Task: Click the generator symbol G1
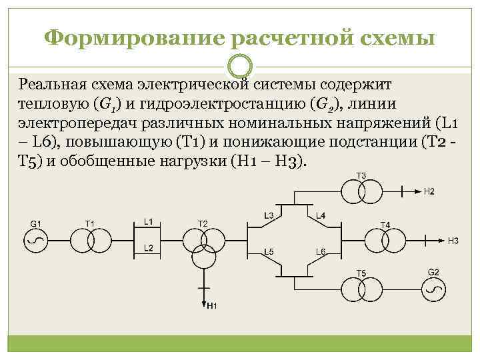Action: pyautogui.click(x=35, y=240)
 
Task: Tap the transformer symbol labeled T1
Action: pyautogui.click(x=90, y=240)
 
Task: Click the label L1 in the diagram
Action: pyautogui.click(x=149, y=221)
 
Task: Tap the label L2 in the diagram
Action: pyautogui.click(x=149, y=248)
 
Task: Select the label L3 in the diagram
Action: pyautogui.click(x=269, y=215)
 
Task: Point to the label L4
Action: pyautogui.click(x=321, y=215)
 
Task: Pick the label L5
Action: pyautogui.click(x=269, y=251)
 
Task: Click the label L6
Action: pyautogui.click(x=320, y=251)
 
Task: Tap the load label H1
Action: pyautogui.click(x=212, y=306)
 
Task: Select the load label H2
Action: pyautogui.click(x=429, y=192)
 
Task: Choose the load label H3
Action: pyautogui.click(x=453, y=240)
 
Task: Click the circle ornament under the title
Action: pyautogui.click(x=239, y=67)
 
